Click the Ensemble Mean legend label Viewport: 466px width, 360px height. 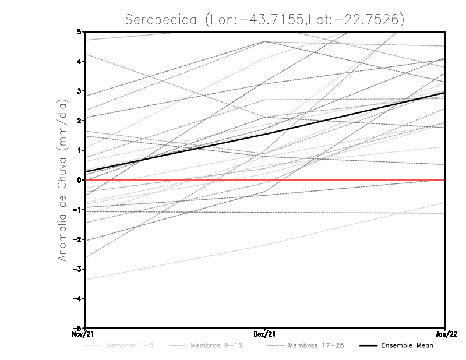(x=407, y=345)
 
